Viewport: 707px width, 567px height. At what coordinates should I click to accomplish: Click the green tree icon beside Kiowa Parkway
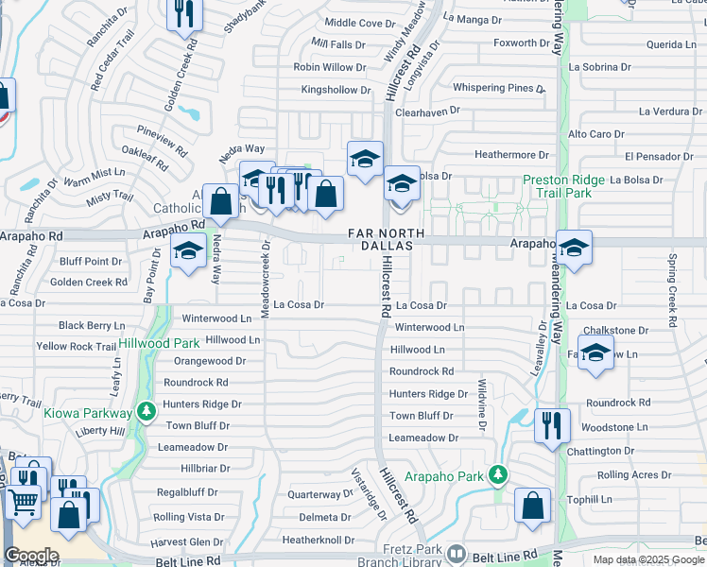coord(146,412)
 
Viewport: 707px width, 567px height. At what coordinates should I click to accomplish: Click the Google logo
coord(31,556)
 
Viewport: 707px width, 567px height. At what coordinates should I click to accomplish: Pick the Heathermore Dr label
coord(511,154)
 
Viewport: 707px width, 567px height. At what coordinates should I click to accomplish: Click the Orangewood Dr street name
coord(210,361)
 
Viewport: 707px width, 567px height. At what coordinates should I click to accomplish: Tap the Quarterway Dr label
coord(319,494)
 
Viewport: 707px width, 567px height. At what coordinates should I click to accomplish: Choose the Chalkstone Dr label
coord(615,331)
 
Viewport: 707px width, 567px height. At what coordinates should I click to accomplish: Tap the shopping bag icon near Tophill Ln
coord(532,505)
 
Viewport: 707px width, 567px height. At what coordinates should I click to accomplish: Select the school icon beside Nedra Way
coord(189,251)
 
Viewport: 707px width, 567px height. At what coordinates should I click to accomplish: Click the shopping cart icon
coord(24,503)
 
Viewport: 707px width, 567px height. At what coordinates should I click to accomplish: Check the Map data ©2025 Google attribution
coord(647,559)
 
